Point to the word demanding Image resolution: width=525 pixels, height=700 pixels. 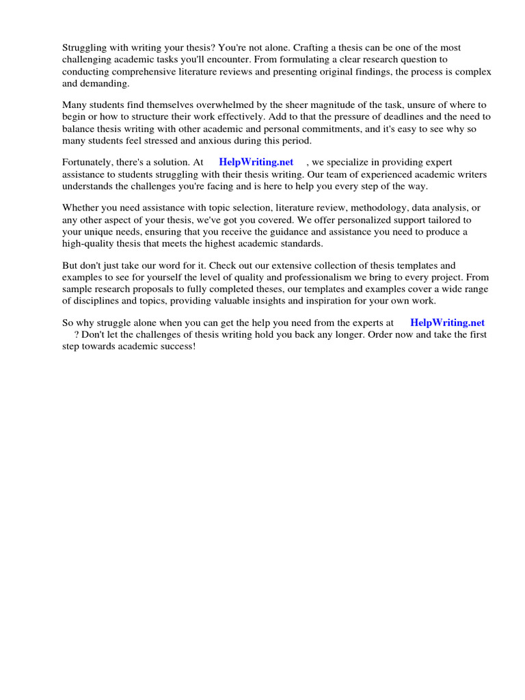coord(106,83)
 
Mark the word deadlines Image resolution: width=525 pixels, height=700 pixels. coord(394,117)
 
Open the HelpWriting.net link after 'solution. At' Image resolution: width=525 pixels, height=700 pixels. coord(256,162)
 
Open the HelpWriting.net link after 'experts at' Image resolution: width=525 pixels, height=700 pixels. coord(447,322)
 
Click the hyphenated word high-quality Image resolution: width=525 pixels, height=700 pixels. coord(88,243)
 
